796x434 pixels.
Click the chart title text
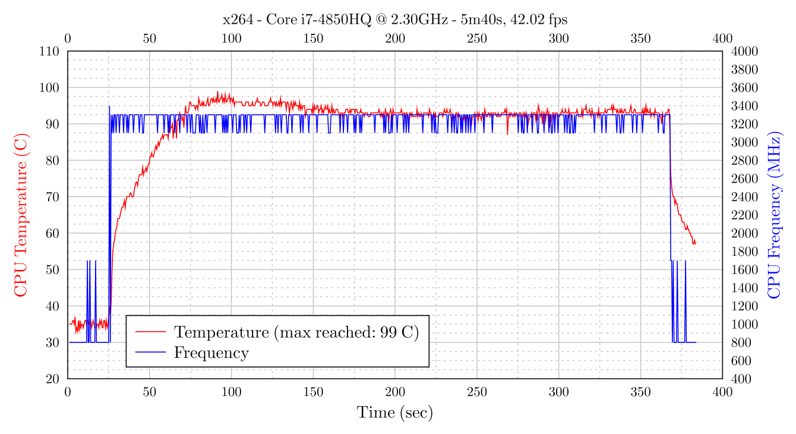click(x=395, y=20)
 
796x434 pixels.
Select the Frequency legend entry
click(x=211, y=353)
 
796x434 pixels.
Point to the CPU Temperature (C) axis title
click(x=20, y=215)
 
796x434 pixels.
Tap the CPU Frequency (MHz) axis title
click(x=775, y=215)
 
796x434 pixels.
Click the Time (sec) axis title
click(x=395, y=413)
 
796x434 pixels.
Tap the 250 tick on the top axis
click(x=477, y=39)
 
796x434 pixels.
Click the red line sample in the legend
click(x=150, y=332)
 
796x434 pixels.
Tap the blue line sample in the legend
click(x=150, y=353)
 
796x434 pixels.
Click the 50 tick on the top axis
click(x=150, y=39)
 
